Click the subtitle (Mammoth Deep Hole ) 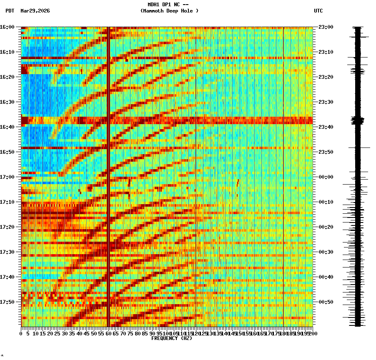[169, 11]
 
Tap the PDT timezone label [10, 11]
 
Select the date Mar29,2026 [35, 11]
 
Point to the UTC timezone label [318, 11]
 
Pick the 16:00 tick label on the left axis [7, 27]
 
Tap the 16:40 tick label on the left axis [7, 127]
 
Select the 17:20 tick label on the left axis [7, 227]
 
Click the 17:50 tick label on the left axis [7, 302]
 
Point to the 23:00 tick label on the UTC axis [326, 27]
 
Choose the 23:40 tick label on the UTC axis [326, 127]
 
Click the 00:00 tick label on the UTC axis [326, 177]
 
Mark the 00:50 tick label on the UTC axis [326, 302]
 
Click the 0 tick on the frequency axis [21, 334]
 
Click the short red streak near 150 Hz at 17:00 [238, 182]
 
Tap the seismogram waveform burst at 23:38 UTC [358, 121]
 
